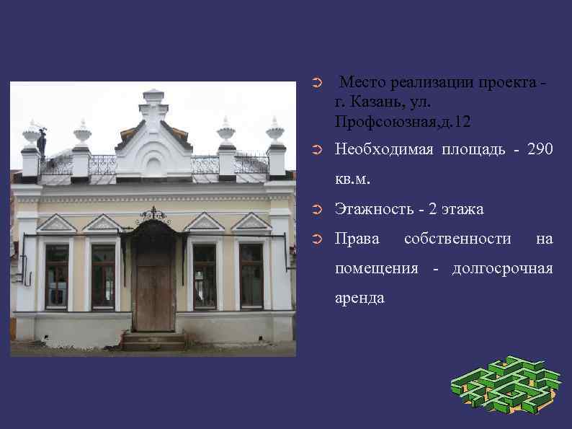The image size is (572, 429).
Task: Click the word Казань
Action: tap(376, 102)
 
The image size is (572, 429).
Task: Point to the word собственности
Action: tap(458, 239)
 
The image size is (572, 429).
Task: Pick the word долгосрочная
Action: tap(502, 269)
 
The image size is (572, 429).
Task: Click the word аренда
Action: tap(359, 297)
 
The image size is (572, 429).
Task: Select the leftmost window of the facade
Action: tap(56, 275)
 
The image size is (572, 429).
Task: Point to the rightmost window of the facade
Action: tap(251, 275)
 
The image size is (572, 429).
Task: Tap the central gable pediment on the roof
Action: tap(153, 141)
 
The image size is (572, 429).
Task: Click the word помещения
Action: tap(377, 269)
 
